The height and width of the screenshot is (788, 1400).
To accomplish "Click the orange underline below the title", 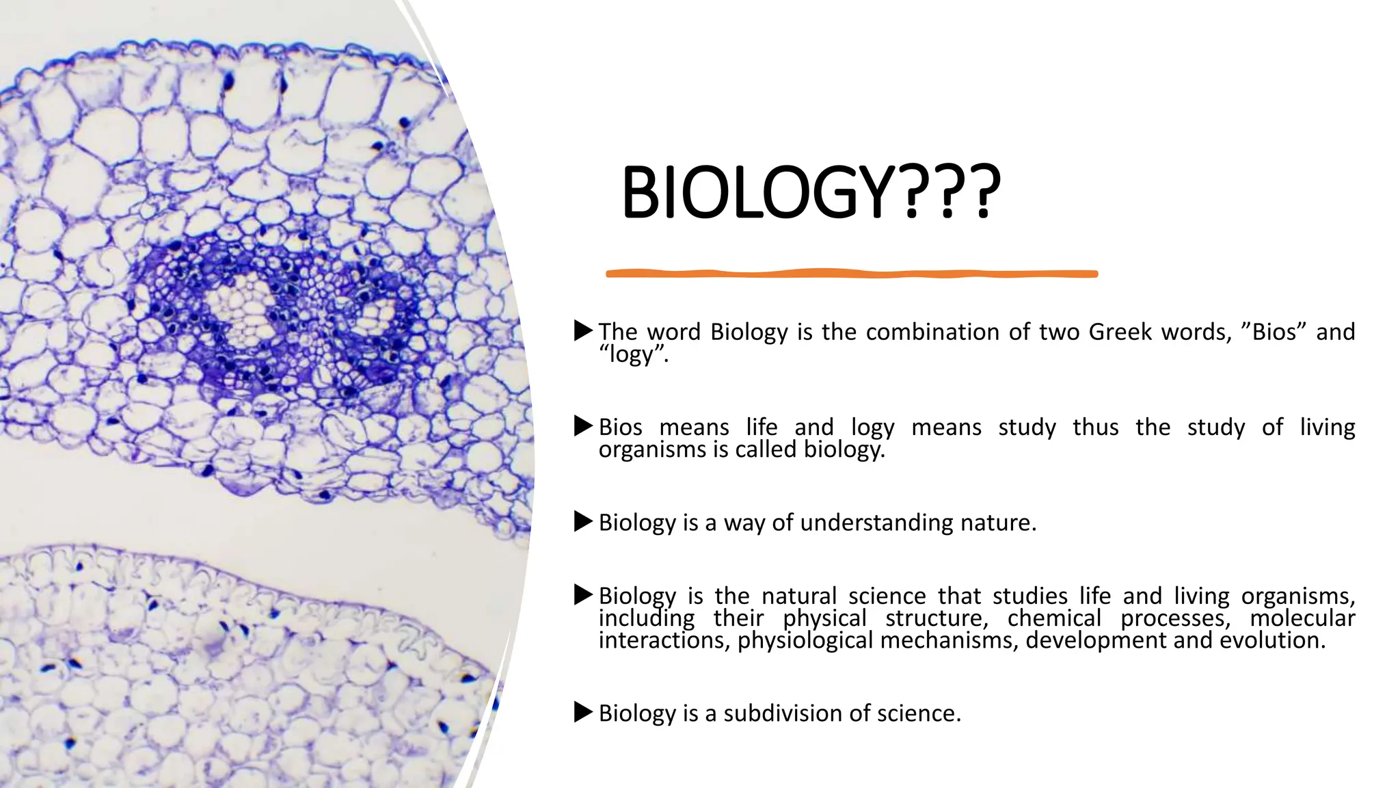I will pyautogui.click(x=852, y=274).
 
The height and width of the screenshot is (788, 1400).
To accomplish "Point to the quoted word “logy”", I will pyautogui.click(x=632, y=354).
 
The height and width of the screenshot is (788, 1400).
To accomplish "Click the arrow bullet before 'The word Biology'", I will pyautogui.click(x=583, y=331).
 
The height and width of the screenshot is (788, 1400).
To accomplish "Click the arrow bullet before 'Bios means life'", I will pyautogui.click(x=583, y=426).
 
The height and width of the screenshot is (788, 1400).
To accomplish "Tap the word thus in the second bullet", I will pyautogui.click(x=1095, y=428).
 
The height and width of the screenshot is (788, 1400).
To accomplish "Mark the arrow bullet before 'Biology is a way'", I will pyautogui.click(x=583, y=522).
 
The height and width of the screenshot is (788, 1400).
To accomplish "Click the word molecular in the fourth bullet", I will pyautogui.click(x=1302, y=618).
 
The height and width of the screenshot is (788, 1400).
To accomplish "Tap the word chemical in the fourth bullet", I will pyautogui.click(x=1054, y=618).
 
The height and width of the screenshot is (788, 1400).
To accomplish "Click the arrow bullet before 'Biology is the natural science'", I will pyautogui.click(x=583, y=594).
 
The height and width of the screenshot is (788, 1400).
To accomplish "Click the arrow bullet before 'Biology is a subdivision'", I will pyautogui.click(x=583, y=712).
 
